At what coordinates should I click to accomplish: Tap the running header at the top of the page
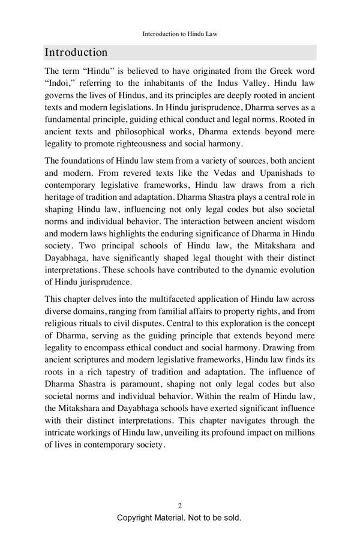coord(179,35)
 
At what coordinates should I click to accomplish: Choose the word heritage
coord(61,199)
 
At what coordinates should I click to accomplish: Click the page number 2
coord(180,506)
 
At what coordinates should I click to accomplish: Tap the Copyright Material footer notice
coord(179,517)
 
